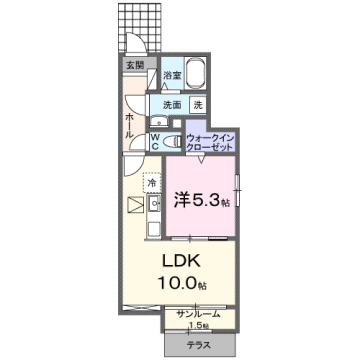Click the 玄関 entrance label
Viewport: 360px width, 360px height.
point(133,66)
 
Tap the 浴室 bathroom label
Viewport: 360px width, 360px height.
point(171,75)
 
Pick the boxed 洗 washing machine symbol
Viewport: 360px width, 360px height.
point(198,105)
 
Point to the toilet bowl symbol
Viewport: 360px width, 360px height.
point(173,140)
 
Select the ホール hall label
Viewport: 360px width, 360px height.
point(130,125)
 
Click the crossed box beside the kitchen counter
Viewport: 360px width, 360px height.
point(134,206)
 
